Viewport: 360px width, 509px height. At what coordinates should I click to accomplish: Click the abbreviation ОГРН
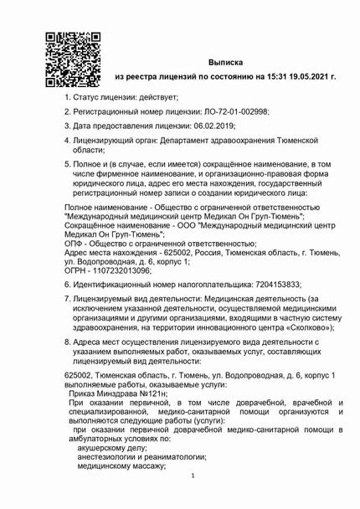click(x=76, y=270)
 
